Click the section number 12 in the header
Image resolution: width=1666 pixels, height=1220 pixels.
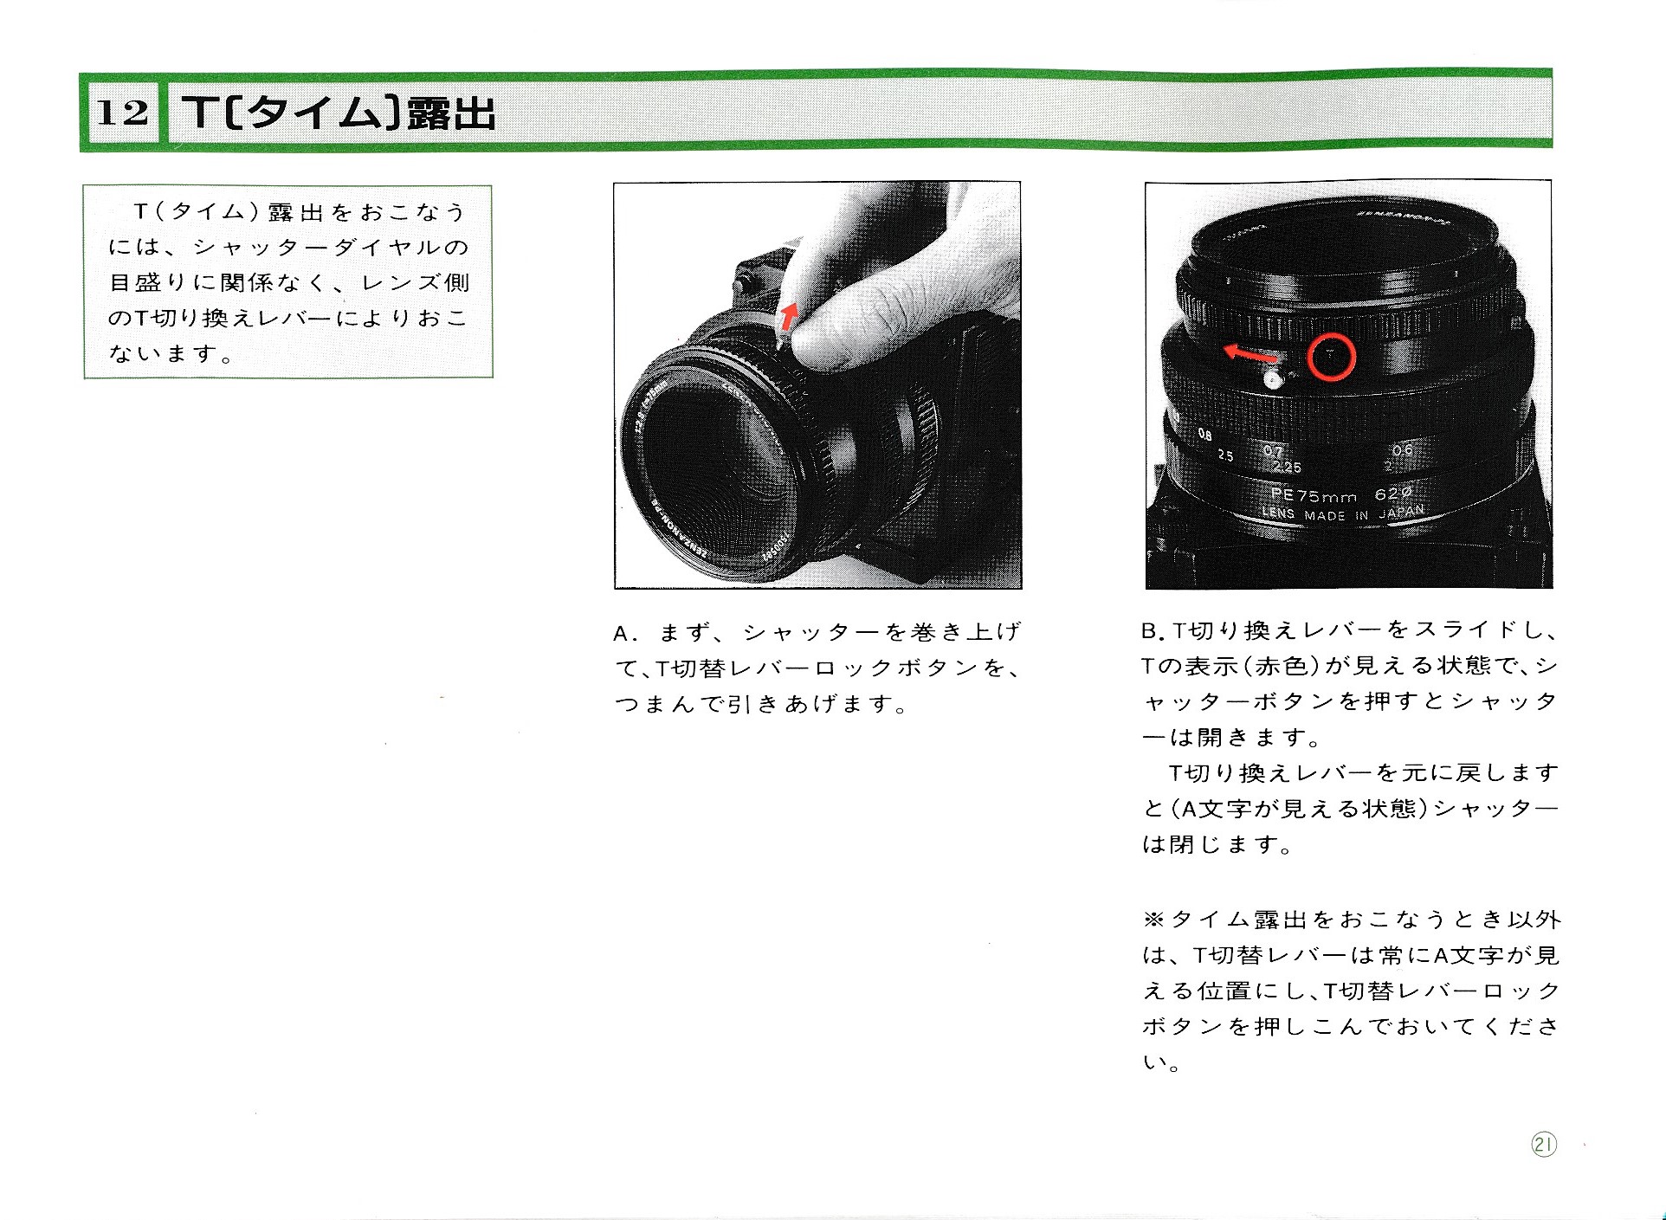[x=122, y=113]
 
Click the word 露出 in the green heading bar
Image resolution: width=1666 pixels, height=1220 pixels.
[x=451, y=113]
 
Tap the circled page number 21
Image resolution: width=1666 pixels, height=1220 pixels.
[x=1543, y=1145]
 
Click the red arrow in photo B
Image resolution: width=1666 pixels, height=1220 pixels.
[x=1249, y=353]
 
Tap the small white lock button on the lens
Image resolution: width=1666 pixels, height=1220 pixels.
[x=1273, y=378]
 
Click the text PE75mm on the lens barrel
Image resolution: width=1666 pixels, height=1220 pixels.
[x=1313, y=496]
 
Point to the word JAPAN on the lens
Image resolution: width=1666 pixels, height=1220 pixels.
[x=1401, y=511]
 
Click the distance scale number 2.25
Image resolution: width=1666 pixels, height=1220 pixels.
[x=1287, y=467]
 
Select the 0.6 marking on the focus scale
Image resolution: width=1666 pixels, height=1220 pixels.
[x=1403, y=449]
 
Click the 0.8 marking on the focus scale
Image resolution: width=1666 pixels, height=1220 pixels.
[x=1204, y=435]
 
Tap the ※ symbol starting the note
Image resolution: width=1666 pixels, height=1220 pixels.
[x=1153, y=920]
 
